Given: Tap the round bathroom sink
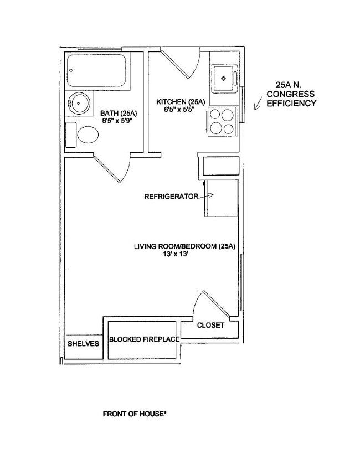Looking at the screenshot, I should point(79,103).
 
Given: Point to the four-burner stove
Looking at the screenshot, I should point(222,122).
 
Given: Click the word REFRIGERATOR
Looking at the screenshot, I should point(171,196).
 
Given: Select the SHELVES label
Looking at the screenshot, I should point(83,343).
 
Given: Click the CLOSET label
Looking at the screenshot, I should point(210,325).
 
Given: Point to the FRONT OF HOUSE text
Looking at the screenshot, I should point(135,413).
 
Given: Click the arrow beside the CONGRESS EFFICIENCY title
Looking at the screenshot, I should point(258,103).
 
